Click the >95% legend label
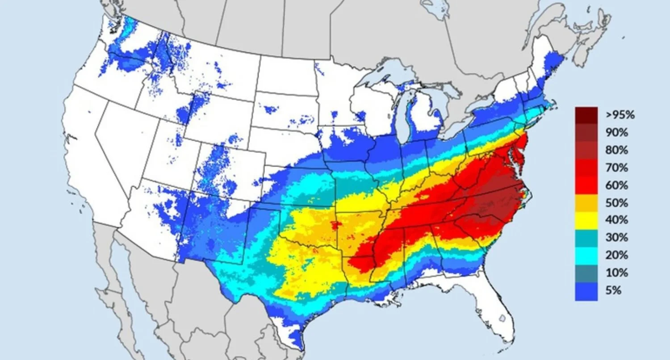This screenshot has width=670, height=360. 620,115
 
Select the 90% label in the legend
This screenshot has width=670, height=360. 617,133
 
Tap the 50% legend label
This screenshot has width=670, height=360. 617,203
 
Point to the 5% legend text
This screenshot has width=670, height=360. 614,290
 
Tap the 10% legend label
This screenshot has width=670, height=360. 617,272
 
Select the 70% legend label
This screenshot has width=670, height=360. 617,168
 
